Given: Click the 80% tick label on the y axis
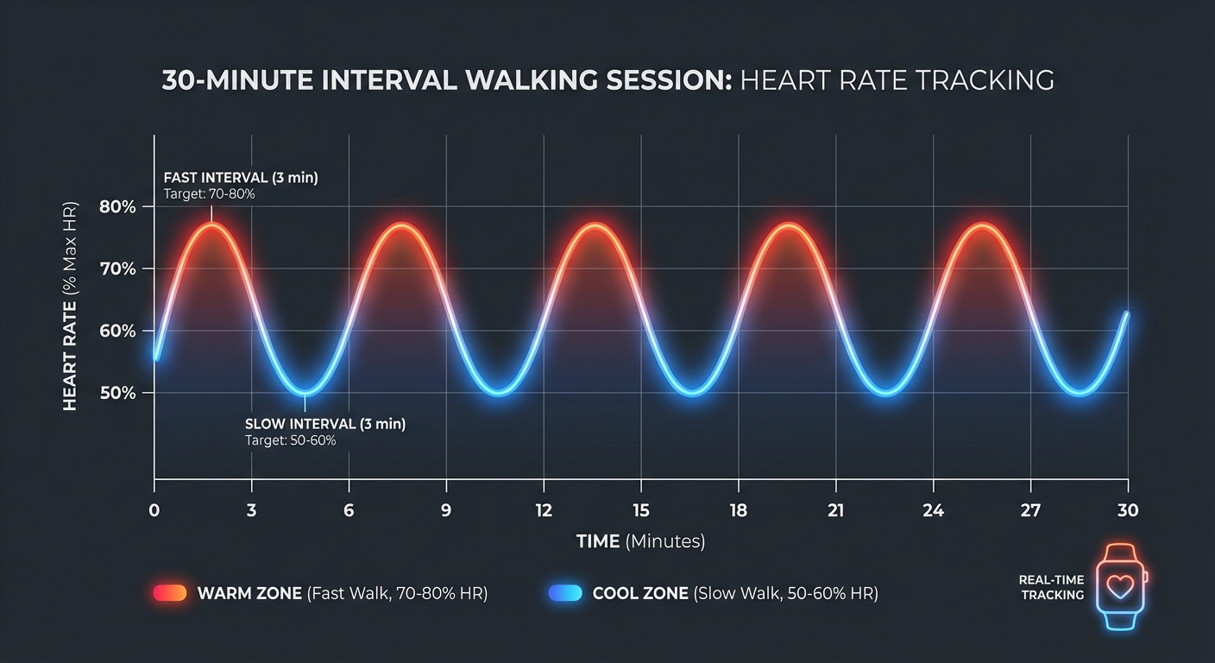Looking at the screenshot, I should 117,207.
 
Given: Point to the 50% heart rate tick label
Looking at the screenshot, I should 117,393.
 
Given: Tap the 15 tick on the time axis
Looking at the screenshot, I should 640,510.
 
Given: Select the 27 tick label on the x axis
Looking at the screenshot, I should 1030,510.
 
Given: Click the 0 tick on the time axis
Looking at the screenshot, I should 154,510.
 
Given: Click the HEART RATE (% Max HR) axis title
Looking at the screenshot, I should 71,306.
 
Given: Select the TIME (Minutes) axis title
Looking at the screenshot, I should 640,541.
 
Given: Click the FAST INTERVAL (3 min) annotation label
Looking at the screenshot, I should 241,178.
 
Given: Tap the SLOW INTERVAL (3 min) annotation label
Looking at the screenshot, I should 325,424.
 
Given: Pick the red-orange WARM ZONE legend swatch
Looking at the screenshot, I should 170,593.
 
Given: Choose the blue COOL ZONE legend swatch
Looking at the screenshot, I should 565,593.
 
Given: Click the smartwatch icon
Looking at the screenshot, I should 1121,588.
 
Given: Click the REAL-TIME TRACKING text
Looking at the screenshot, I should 1051,587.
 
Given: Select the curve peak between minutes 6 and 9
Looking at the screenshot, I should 400,225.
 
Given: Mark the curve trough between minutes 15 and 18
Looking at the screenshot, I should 691,394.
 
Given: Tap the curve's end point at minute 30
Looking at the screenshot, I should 1126,315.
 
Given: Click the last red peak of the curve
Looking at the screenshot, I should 980,225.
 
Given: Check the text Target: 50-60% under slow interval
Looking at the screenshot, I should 291,440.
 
